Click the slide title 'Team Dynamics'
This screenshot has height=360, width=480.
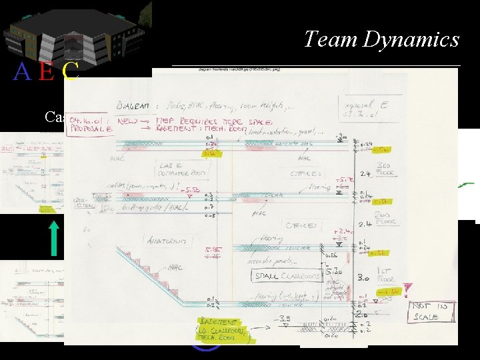[x=381, y=39]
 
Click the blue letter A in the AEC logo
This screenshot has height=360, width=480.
[x=22, y=71]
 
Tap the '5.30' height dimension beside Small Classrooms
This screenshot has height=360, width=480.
[x=333, y=273]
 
